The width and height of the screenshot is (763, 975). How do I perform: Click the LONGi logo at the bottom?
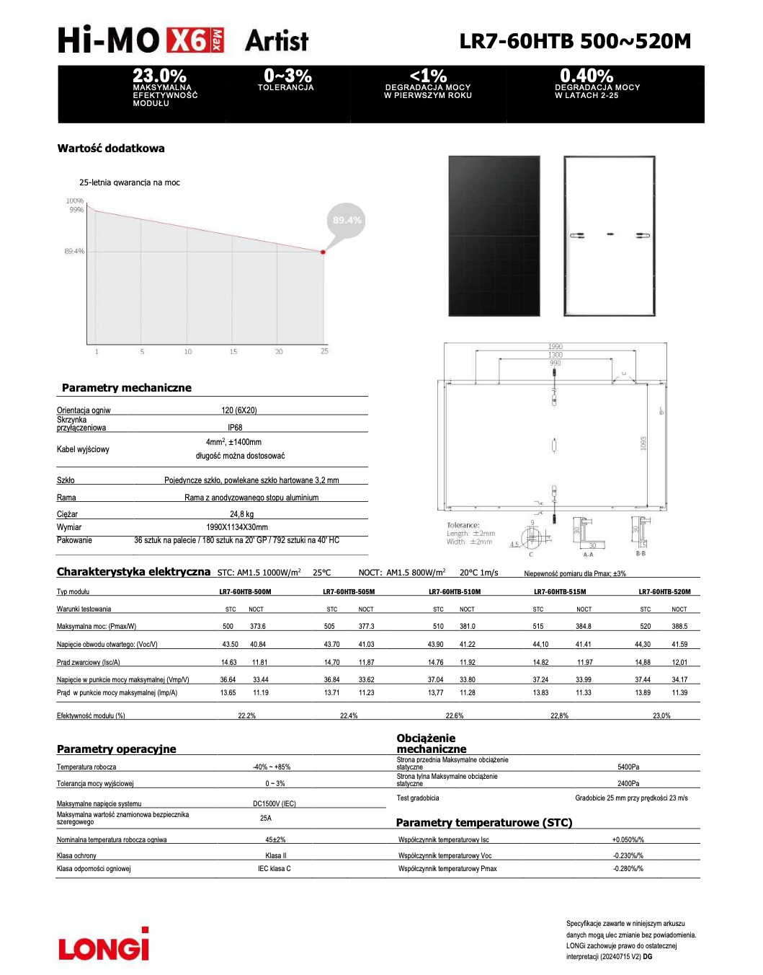[x=104, y=945]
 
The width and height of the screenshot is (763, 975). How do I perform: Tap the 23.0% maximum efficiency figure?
[x=159, y=76]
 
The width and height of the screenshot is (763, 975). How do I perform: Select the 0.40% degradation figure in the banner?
[x=586, y=76]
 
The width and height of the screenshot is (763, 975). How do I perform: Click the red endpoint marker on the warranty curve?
[x=323, y=252]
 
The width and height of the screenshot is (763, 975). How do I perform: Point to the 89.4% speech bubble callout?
[x=347, y=220]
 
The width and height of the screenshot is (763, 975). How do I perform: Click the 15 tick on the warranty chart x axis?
[x=233, y=352]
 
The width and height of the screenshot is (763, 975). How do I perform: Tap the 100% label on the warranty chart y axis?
[x=75, y=201]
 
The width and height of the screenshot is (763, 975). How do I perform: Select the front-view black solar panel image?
[x=494, y=236]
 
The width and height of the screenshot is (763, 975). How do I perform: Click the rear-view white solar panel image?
[x=610, y=236]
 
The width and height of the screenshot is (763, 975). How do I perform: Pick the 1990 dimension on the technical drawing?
[x=555, y=347]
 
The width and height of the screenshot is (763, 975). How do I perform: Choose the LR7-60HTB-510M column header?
[x=455, y=592]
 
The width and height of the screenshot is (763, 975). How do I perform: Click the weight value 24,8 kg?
[x=242, y=514]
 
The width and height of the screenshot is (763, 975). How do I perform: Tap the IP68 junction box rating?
[x=235, y=428]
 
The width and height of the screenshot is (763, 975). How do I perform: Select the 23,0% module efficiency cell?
[x=661, y=716]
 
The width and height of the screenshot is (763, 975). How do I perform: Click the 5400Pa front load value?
[x=628, y=767]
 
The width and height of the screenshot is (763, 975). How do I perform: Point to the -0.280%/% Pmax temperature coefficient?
[x=628, y=869]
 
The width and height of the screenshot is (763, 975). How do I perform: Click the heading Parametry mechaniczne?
[x=127, y=388]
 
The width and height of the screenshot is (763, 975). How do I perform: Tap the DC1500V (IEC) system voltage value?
[x=274, y=803]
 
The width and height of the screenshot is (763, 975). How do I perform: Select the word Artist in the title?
[x=277, y=41]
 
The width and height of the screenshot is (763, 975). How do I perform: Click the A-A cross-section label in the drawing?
[x=588, y=555]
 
